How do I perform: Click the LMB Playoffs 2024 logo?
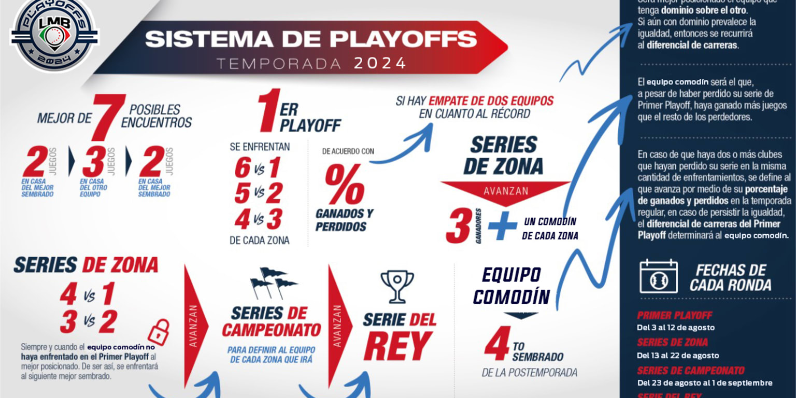click(x=54, y=35)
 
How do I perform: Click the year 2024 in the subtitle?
click(x=380, y=63)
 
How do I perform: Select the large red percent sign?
click(x=344, y=185)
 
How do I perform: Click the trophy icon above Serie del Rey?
click(x=397, y=286)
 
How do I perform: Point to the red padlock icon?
click(x=159, y=332)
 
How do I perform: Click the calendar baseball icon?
click(x=658, y=277)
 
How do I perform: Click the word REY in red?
click(x=397, y=346)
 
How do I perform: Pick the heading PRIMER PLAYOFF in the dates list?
click(x=667, y=316)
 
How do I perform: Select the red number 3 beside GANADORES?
click(x=458, y=226)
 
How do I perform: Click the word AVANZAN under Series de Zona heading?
click(x=506, y=191)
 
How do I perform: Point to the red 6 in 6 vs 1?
click(x=242, y=168)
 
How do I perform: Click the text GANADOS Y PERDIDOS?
click(x=344, y=220)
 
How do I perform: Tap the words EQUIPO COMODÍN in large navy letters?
click(x=511, y=286)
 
